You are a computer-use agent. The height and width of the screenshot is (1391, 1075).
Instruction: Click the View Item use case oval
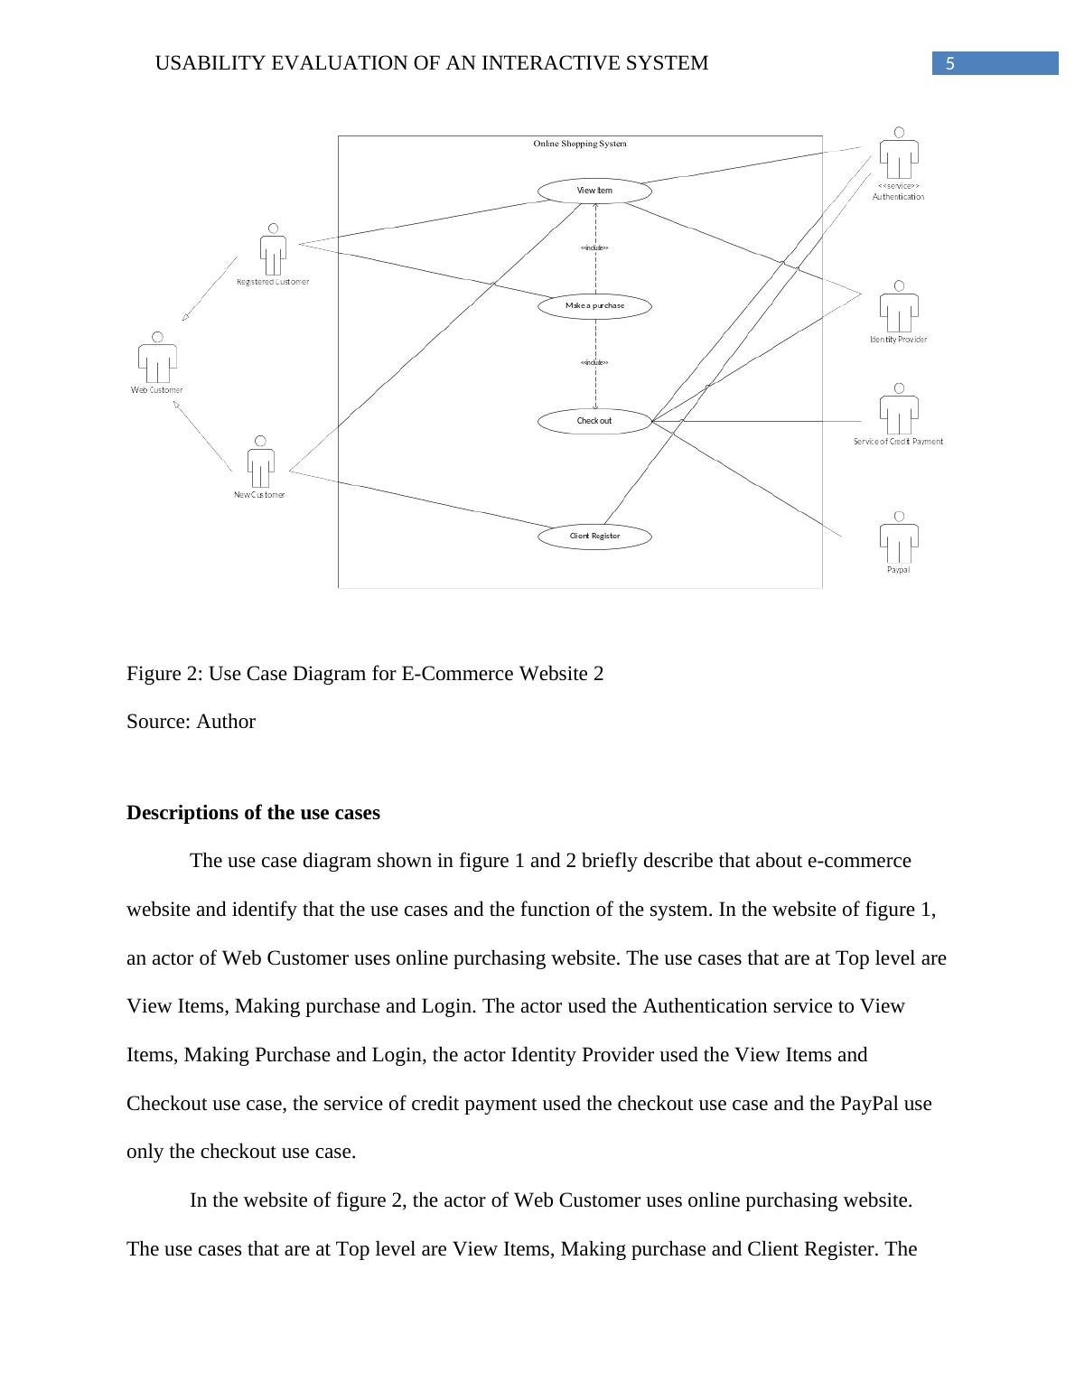594,191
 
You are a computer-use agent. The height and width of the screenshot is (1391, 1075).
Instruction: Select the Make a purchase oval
594,306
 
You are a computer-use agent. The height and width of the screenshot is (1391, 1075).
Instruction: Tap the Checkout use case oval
594,421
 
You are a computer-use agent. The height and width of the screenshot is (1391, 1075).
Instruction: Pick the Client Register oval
594,537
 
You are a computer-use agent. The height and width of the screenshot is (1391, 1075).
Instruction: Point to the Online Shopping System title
580,144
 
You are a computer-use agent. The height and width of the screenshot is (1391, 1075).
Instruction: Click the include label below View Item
594,247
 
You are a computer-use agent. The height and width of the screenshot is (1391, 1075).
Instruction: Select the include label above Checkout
594,362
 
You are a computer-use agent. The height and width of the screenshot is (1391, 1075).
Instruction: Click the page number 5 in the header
949,63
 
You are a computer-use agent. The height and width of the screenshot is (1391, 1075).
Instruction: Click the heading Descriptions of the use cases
253,813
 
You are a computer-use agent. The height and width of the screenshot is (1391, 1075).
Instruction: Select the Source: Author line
191,722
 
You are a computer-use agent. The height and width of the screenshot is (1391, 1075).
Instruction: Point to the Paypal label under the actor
898,570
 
